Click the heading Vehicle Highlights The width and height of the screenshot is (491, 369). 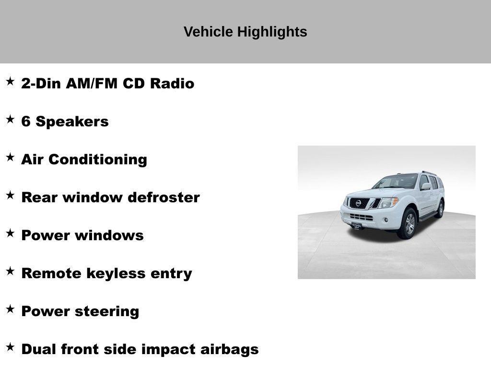coord(245,32)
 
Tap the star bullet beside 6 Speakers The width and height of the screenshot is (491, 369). coord(10,120)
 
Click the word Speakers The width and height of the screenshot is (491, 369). coord(72,122)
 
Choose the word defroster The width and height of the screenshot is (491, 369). coord(164,197)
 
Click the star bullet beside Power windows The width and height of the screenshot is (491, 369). coord(10,234)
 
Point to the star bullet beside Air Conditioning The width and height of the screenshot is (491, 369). coord(10,158)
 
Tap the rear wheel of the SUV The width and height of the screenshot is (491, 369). coord(439,209)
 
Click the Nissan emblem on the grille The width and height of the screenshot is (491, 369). coord(358,203)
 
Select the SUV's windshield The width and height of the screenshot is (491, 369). coord(397,182)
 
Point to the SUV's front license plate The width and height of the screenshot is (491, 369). coord(356,224)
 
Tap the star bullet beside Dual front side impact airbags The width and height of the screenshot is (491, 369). coord(10,347)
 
